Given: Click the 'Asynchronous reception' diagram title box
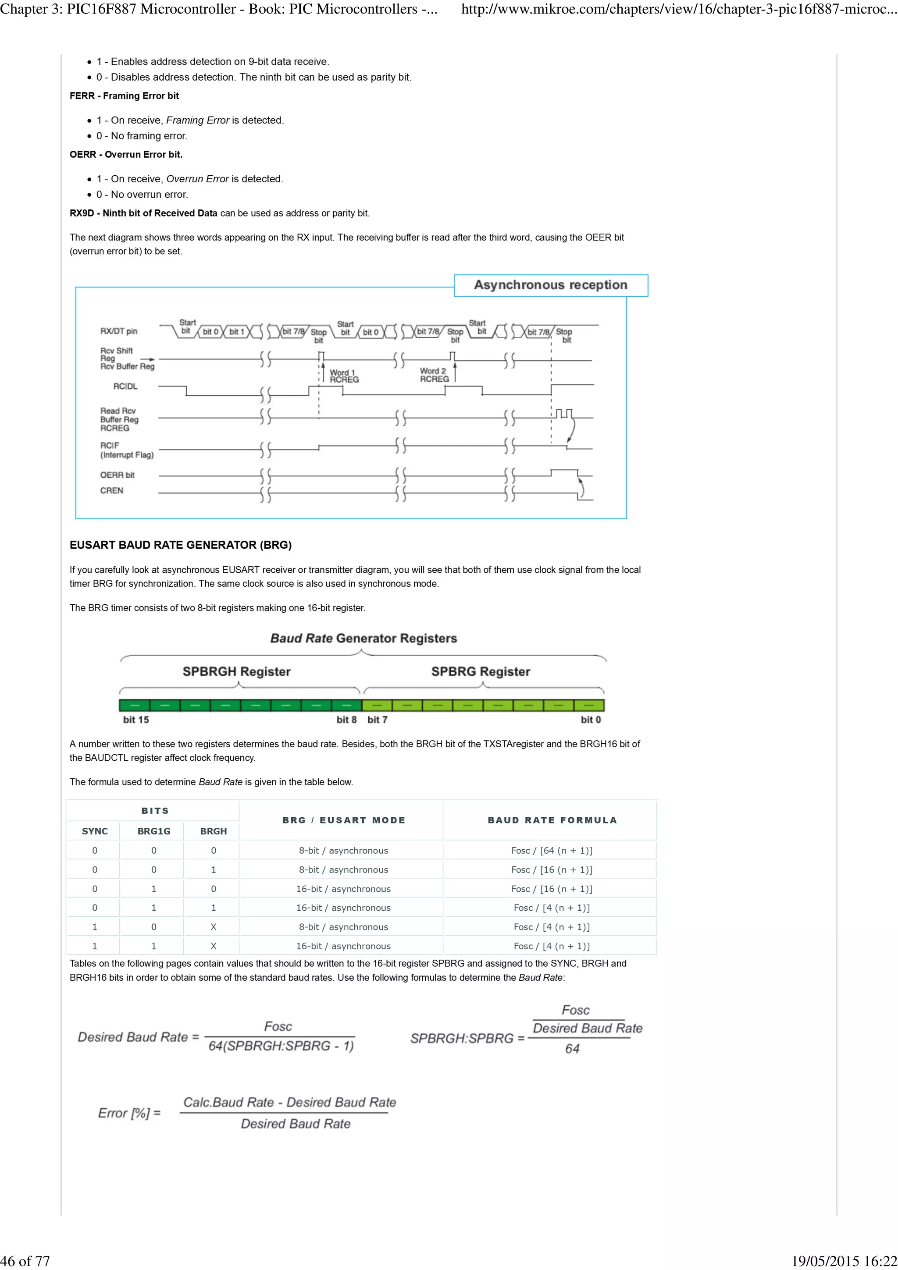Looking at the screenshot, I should pos(551,285).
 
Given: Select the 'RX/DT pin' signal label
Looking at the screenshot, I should pos(118,331).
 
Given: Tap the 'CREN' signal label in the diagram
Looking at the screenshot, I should pos(111,491).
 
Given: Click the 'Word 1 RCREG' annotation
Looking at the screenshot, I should pos(344,376).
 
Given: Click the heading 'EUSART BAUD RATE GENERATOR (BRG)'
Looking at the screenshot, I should pos(180,545).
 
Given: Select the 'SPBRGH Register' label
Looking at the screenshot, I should pos(236,671).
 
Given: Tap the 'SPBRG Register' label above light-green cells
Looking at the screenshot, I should pos(480,671).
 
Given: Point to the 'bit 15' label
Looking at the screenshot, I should pos(135,720).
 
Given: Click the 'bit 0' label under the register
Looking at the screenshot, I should pos(590,720).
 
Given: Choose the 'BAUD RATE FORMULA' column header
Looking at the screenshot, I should pos(552,820).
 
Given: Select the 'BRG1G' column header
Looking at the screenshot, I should pos(154,831).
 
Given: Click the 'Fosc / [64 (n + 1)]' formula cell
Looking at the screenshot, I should pos(551,851).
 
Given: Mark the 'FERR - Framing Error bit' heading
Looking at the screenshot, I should pos(124,96).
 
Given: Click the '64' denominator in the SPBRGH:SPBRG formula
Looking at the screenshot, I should pos(572,1049).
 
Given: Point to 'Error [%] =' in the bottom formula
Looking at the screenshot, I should pos(129,1113).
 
